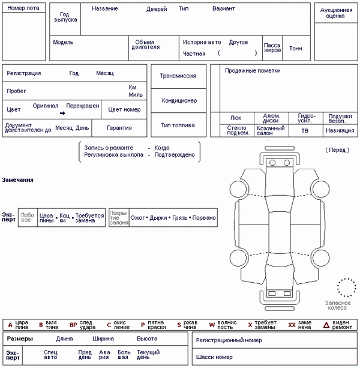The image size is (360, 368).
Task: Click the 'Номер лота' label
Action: coord(25,8)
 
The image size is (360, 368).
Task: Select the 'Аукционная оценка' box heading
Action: coord(337,13)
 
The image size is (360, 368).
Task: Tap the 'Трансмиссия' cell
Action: coord(178,76)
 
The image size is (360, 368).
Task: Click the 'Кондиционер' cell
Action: coord(179,101)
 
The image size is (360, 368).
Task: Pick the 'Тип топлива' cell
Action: coord(178,125)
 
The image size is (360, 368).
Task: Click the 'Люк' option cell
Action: coord(235,118)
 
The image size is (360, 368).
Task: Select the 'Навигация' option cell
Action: coord(340,130)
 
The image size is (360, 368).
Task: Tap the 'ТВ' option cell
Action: coord(305,130)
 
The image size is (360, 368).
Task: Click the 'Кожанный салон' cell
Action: coord(271,130)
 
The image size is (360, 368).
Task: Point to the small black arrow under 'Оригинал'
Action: coord(62,113)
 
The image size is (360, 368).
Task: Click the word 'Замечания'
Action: coord(17,180)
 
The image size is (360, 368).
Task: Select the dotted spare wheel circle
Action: coord(346,287)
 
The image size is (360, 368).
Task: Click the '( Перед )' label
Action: coord(337,149)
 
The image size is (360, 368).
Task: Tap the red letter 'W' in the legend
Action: coord(212,325)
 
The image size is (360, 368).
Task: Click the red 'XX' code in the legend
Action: coord(292,325)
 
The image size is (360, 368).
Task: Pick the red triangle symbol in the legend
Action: coord(326,325)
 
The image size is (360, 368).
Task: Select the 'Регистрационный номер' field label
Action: coord(229,340)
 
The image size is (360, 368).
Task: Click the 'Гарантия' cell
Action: coord(119,128)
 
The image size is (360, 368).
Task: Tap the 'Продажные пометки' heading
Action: coord(252,71)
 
